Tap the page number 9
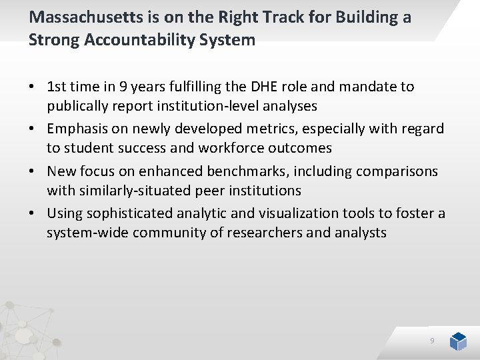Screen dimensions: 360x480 (x=432, y=341)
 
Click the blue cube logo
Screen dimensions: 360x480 (x=458, y=341)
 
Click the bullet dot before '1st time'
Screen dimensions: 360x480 (x=32, y=87)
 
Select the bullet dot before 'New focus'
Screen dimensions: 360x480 (x=32, y=171)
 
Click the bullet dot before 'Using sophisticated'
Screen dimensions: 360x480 (x=32, y=214)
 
